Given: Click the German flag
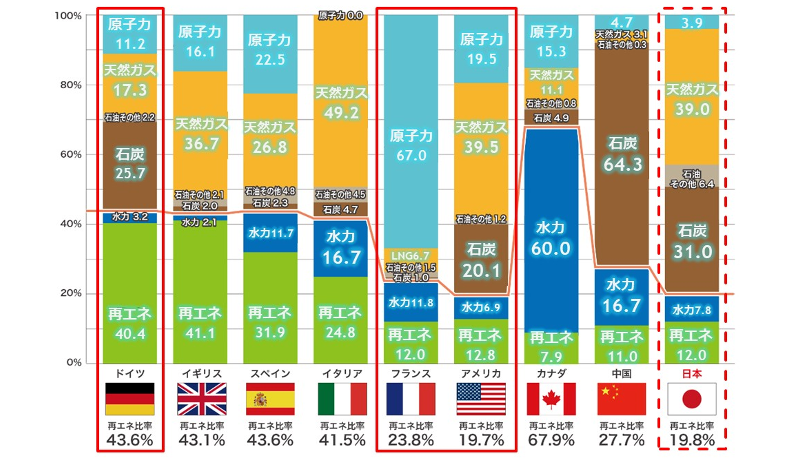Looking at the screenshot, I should coord(130,399).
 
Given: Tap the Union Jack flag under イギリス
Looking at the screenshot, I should coord(201,399).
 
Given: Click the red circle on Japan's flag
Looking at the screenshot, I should coord(692,399).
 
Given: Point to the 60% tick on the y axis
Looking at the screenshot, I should coord(71,155).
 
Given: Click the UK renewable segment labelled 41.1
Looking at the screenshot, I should coord(200,323).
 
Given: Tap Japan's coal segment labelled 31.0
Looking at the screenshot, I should coord(692,242).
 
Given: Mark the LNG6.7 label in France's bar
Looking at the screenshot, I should coord(410,256).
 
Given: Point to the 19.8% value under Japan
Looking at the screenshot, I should coord(692,440).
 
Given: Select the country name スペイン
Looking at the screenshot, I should coord(270,374).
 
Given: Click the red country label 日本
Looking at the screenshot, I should coord(692,374).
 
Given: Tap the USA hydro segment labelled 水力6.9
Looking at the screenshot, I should coord(481,307).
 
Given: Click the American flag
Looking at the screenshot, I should coord(481,399).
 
